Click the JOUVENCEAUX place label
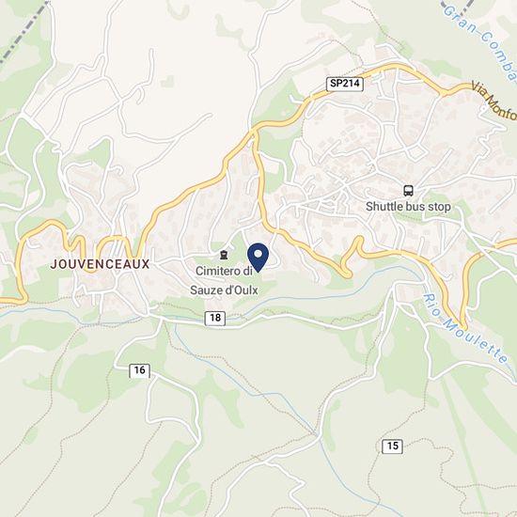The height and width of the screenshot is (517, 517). point(101,265)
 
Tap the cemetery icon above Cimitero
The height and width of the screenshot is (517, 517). point(223,255)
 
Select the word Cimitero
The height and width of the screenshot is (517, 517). point(217,272)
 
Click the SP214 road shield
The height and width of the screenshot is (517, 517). point(345,84)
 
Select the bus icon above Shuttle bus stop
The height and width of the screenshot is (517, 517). point(408,189)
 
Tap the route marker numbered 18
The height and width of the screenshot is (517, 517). point(217,320)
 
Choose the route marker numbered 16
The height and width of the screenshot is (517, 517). point(140,370)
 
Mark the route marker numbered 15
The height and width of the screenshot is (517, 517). point(392,445)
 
